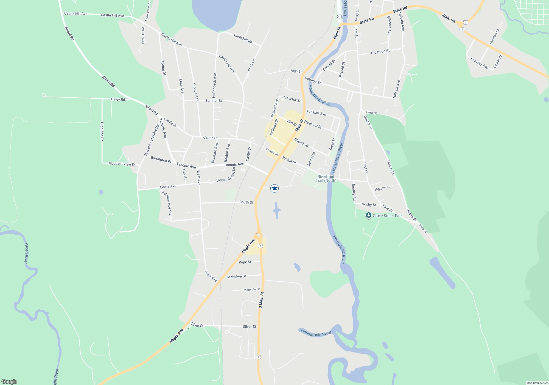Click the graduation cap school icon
(274, 188)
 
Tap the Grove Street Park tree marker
(369, 215)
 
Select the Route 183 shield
(463, 29)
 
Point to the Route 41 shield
(339, 16)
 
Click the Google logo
(9, 381)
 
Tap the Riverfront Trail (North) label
(326, 178)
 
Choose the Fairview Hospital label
(167, 204)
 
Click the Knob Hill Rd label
(243, 39)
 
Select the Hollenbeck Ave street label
(214, 85)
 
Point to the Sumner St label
(214, 101)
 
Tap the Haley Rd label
(118, 99)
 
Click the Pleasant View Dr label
(122, 164)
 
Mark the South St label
(246, 202)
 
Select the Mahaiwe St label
(237, 277)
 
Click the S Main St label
(261, 300)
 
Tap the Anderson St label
(380, 52)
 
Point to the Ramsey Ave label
(479, 63)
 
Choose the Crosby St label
(368, 204)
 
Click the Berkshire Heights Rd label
(152, 140)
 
